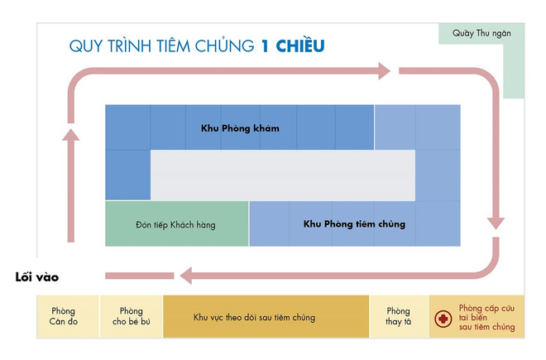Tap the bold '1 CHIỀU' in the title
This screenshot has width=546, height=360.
coord(290,46)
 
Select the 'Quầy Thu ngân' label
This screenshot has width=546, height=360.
coord(481,33)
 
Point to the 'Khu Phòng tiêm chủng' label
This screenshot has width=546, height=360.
coord(354,223)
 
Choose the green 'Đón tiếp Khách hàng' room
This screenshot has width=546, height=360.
coord(175,224)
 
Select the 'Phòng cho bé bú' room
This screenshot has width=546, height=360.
coord(131,316)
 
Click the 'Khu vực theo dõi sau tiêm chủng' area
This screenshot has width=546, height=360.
coord(266,317)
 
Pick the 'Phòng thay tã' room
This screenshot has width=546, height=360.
coord(398,316)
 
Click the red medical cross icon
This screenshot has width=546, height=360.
coord(443,318)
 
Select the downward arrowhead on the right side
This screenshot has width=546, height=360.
coord(496,221)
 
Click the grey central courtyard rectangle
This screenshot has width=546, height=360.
coord(281,175)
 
